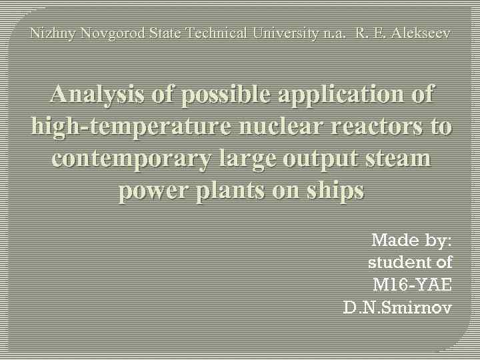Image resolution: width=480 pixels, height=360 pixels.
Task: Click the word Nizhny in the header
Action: [x=53, y=33]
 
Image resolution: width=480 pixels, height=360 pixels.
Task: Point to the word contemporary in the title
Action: [x=127, y=159]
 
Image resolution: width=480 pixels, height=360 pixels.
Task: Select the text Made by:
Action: [x=411, y=239]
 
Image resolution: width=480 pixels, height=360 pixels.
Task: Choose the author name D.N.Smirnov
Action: [x=397, y=307]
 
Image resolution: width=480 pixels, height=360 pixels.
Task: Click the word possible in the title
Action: [x=219, y=95]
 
